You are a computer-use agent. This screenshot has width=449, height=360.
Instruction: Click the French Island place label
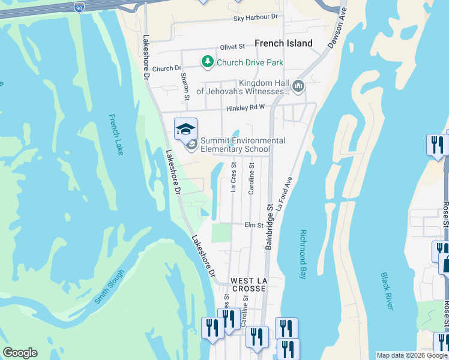pos(283,43)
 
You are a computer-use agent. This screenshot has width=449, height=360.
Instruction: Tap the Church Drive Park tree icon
pos(208,62)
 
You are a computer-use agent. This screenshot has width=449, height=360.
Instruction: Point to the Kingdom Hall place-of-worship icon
pos(298,87)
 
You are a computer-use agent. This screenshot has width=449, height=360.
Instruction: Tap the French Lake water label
pos(116,135)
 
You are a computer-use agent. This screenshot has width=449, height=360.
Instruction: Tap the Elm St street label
pos(254,225)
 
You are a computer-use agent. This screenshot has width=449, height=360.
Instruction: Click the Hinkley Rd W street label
pos(246,109)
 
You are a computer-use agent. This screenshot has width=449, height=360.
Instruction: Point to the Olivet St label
pos(233,46)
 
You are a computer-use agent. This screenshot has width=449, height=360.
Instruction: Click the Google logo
pos(20,353)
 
